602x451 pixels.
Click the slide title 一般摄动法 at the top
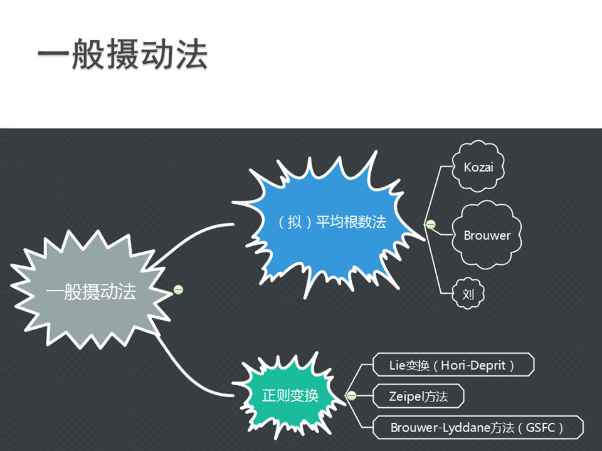[122, 56]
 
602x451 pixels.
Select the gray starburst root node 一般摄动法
[91, 291]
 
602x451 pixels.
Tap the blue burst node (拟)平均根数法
[332, 222]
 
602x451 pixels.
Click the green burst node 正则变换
[290, 395]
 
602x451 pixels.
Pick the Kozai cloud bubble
[478, 167]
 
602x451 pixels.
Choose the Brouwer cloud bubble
[487, 236]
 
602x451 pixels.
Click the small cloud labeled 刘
[468, 294]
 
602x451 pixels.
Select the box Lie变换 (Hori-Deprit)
[452, 365]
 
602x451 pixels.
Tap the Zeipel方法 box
[418, 396]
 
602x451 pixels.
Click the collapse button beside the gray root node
[178, 289]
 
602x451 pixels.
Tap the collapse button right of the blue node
[430, 224]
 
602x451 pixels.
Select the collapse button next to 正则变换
[352, 395]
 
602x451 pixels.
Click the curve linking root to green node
[188, 370]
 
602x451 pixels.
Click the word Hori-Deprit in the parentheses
[473, 365]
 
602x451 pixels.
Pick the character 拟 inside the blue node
[295, 222]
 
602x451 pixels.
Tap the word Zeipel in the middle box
[408, 396]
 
